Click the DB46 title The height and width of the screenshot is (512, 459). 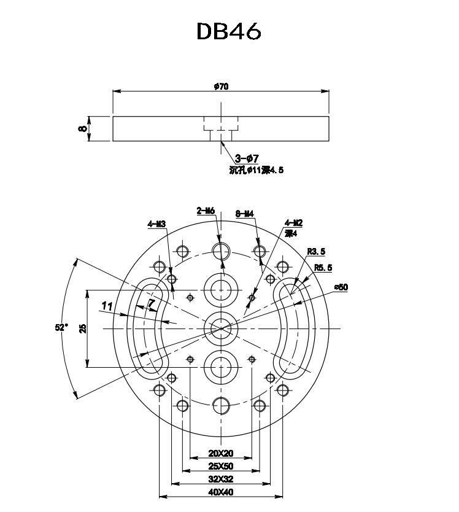(x=229, y=31)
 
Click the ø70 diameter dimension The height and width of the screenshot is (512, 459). (x=221, y=87)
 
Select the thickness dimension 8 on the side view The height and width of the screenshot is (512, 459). (x=82, y=128)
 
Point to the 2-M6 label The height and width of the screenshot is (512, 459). (x=206, y=211)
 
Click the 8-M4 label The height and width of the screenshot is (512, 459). (x=245, y=214)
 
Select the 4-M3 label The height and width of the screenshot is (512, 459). (x=156, y=224)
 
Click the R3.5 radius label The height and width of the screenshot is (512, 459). (x=316, y=252)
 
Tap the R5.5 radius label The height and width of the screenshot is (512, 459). (x=323, y=268)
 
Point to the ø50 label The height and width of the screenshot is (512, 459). (x=341, y=287)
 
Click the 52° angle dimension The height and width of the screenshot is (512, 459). (x=61, y=327)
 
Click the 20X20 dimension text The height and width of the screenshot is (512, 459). (x=220, y=454)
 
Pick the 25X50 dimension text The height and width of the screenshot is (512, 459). (x=220, y=466)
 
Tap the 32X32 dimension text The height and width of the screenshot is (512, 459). (x=220, y=479)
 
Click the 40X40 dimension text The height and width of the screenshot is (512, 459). (x=220, y=492)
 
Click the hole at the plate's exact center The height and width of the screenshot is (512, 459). (x=220, y=327)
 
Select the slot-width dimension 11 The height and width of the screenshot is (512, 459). (x=107, y=306)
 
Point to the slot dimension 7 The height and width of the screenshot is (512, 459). (x=152, y=303)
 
